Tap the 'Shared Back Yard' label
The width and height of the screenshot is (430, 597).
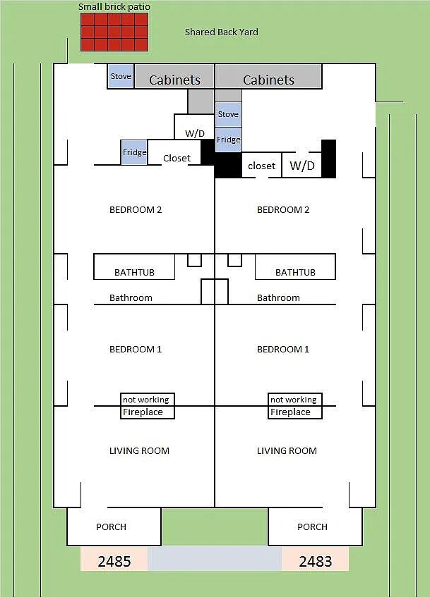(x=221, y=32)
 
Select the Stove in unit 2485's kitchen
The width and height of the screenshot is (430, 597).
(x=120, y=76)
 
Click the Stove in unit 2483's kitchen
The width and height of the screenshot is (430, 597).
(x=228, y=114)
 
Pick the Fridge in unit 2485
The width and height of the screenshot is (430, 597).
(x=134, y=152)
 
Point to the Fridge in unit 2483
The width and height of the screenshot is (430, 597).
(x=228, y=140)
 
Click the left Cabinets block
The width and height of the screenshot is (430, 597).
(x=174, y=80)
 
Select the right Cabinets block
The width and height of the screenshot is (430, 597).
(x=268, y=80)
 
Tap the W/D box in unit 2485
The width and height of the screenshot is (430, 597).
(x=195, y=133)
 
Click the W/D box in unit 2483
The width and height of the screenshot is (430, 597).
(x=301, y=166)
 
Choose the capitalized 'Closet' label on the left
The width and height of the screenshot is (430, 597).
(x=177, y=159)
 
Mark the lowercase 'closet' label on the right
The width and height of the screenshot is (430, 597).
(x=261, y=166)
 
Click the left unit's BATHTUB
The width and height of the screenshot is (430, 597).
(x=134, y=272)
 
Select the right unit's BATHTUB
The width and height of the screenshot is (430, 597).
(x=295, y=272)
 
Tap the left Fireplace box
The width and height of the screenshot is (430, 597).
(x=147, y=412)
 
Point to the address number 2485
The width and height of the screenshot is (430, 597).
(x=114, y=561)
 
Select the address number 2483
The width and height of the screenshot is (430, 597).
(x=316, y=561)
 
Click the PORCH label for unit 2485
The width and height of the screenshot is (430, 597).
(x=111, y=527)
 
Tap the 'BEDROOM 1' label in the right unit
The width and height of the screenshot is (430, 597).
(x=282, y=350)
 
